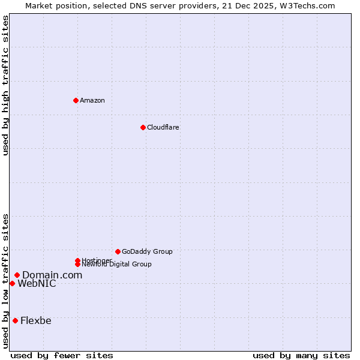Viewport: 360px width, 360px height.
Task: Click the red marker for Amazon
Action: (76, 100)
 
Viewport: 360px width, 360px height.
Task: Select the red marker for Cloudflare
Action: (143, 127)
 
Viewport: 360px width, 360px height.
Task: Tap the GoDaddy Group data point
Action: (118, 251)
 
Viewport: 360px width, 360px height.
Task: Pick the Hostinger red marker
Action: (77, 260)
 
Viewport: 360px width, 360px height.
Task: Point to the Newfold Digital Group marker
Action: (77, 264)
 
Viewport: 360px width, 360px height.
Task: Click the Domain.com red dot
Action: (17, 275)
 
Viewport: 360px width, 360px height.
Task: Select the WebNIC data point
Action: (12, 283)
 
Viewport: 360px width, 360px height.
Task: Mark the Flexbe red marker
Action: (15, 320)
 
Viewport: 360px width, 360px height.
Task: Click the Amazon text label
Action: (92, 100)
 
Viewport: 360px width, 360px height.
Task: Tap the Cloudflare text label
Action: (163, 127)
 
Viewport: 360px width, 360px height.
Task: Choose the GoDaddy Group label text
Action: (147, 251)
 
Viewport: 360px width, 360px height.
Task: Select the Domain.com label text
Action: (52, 275)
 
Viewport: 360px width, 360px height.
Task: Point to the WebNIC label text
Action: (37, 283)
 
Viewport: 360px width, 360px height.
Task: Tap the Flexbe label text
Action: (36, 320)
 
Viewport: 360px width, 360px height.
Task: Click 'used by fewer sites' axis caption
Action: (62, 355)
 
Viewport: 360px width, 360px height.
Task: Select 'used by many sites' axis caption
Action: (301, 355)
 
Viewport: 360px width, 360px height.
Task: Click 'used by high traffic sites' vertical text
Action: (5, 85)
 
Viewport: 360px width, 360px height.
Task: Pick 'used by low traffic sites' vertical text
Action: (5, 280)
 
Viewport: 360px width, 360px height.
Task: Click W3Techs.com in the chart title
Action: (306, 5)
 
